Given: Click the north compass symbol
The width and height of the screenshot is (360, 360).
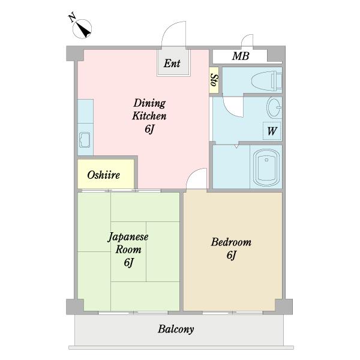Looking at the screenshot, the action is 82,29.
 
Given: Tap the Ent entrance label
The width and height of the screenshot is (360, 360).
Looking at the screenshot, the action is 172,63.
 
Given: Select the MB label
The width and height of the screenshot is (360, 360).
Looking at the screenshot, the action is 241,56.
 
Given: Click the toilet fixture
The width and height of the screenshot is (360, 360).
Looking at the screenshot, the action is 267,80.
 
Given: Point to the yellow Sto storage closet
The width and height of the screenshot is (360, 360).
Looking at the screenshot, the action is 214,80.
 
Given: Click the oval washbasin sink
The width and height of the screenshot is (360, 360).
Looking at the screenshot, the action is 274,107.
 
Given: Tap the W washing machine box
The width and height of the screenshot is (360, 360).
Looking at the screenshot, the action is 272,131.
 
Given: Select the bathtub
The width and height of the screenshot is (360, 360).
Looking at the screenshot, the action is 266,167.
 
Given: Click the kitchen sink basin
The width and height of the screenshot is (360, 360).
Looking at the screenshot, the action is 85,140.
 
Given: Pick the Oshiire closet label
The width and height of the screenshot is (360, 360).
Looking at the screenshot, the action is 104,175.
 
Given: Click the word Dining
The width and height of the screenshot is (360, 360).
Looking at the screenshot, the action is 149,103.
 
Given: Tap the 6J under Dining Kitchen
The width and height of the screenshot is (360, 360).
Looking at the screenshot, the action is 149,129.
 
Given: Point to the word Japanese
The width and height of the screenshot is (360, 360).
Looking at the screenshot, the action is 128,237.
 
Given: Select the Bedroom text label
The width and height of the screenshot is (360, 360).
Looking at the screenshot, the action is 231,242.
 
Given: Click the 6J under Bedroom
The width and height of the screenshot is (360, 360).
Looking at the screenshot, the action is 232,255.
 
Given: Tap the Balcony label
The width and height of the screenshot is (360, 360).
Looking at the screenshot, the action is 176,329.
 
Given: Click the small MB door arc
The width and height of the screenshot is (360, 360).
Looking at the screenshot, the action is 245,38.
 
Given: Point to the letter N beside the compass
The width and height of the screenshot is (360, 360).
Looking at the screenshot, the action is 73,17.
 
